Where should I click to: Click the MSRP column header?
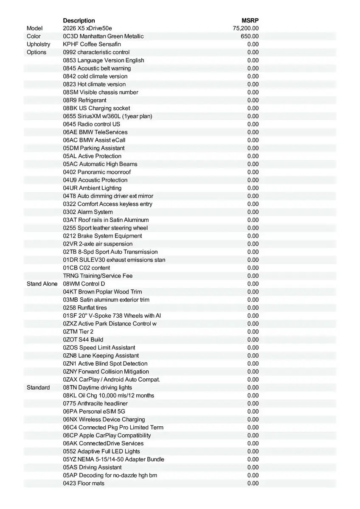[x=250, y=20]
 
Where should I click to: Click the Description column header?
[x=79, y=20]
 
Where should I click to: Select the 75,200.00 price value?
[x=246, y=28]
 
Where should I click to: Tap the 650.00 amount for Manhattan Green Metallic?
[x=250, y=36]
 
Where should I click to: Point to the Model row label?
[x=34, y=28]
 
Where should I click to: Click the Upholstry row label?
[x=38, y=44]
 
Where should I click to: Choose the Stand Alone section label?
[x=42, y=284]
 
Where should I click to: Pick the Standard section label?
[x=38, y=388]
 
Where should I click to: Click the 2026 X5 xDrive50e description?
[x=88, y=28]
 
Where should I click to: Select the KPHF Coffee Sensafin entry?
[x=92, y=44]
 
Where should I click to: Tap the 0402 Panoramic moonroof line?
[x=97, y=172]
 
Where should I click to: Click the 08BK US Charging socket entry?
[x=96, y=108]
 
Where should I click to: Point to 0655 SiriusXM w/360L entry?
[x=107, y=116]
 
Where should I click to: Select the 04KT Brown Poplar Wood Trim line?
[x=102, y=292]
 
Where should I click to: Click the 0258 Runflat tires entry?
[x=85, y=308]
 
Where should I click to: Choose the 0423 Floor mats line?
[x=84, y=484]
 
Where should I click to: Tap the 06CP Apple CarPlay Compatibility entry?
[x=107, y=436]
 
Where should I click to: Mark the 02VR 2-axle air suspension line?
[x=98, y=244]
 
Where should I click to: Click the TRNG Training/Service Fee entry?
[x=98, y=276]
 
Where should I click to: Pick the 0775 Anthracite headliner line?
[x=95, y=403]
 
